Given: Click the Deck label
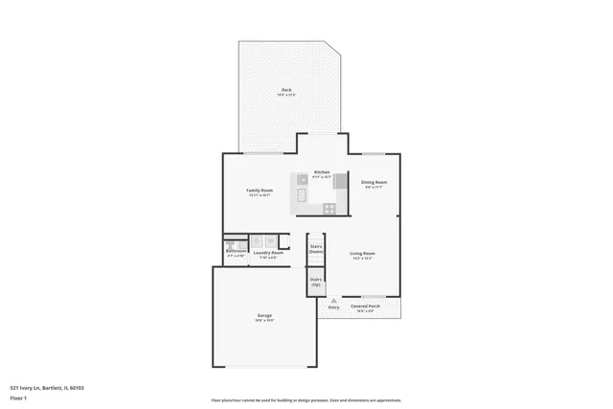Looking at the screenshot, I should click(286, 89).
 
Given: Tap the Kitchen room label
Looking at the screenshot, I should click(322, 172).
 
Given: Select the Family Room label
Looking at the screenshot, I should click(261, 191).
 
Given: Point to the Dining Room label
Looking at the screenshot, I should click(374, 181).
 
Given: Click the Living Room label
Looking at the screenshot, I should click(361, 254).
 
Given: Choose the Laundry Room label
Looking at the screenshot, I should click(268, 253).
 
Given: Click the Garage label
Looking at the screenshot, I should click(264, 315).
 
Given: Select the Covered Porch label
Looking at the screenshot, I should click(364, 306).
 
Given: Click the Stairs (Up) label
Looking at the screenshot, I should click(315, 282).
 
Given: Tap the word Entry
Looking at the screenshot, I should click(333, 307).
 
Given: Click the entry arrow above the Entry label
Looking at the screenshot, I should click(333, 300).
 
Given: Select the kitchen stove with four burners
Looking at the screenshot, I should click(329, 208).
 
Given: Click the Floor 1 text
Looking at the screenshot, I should click(19, 398).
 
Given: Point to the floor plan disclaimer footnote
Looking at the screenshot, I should click(306, 400).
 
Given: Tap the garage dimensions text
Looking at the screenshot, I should click(264, 321).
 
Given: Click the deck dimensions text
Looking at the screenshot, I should click(286, 95).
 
